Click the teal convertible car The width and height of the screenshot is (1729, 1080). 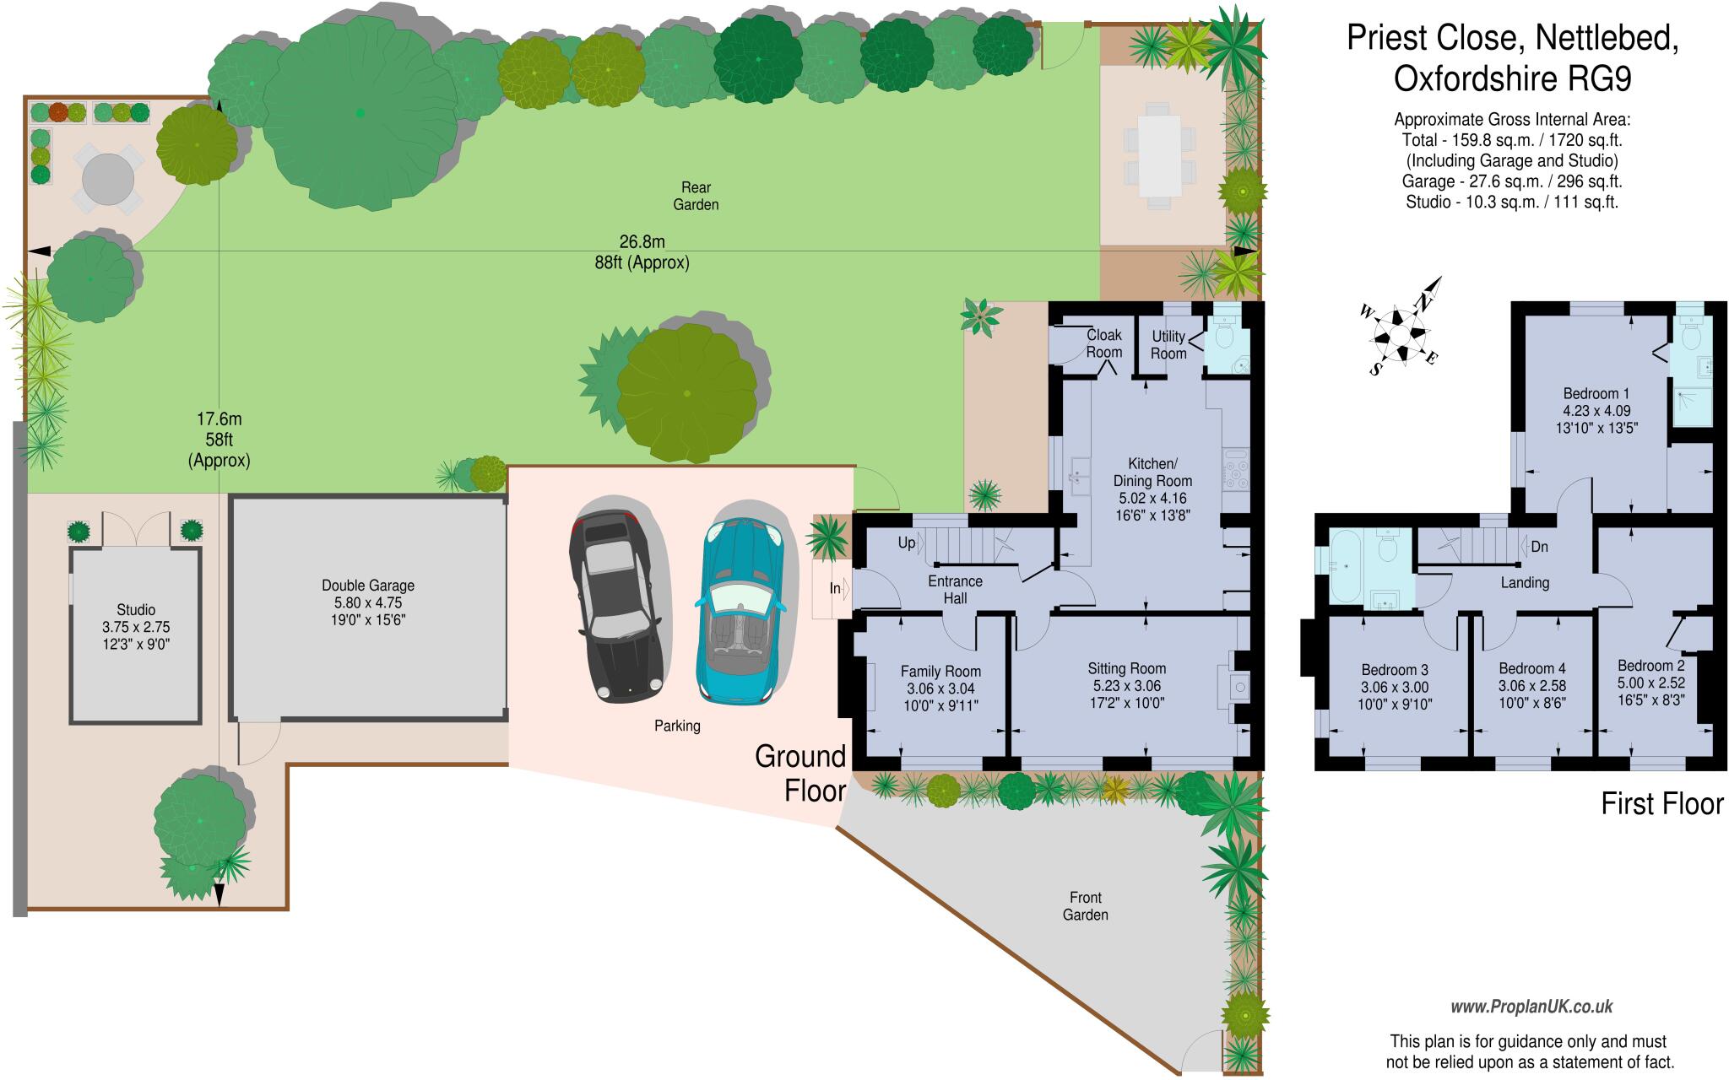pyautogui.click(x=740, y=610)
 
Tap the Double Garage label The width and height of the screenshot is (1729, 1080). pyautogui.click(x=368, y=585)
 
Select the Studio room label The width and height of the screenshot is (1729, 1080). pyautogui.click(x=136, y=609)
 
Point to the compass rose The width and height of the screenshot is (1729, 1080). pyautogui.click(x=1402, y=329)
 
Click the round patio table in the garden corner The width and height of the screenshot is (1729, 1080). pyautogui.click(x=109, y=178)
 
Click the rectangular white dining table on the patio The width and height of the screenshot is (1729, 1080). pyautogui.click(x=1159, y=155)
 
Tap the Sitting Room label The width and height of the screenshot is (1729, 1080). pyautogui.click(x=1126, y=668)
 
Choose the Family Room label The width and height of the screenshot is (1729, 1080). pyautogui.click(x=940, y=672)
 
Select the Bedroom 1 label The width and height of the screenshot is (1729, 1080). pyautogui.click(x=1596, y=393)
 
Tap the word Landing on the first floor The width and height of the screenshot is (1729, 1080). pyautogui.click(x=1525, y=582)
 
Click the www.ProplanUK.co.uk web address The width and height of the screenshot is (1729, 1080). pyautogui.click(x=1531, y=1007)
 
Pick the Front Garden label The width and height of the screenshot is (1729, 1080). pyautogui.click(x=1085, y=906)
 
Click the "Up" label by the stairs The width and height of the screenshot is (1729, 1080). pyautogui.click(x=907, y=543)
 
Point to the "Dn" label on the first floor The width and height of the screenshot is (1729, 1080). pyautogui.click(x=1539, y=547)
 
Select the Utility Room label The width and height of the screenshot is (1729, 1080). pyautogui.click(x=1168, y=344)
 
